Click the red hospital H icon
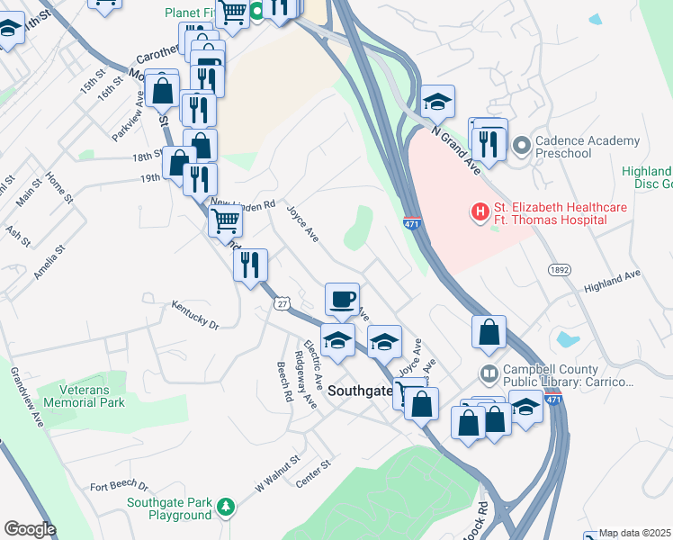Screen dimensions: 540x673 point(480,212)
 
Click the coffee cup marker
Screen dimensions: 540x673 point(342,298)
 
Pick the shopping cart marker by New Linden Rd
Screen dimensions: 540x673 point(225,220)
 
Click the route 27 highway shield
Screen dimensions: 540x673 point(282,305)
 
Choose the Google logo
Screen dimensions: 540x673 point(30,529)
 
